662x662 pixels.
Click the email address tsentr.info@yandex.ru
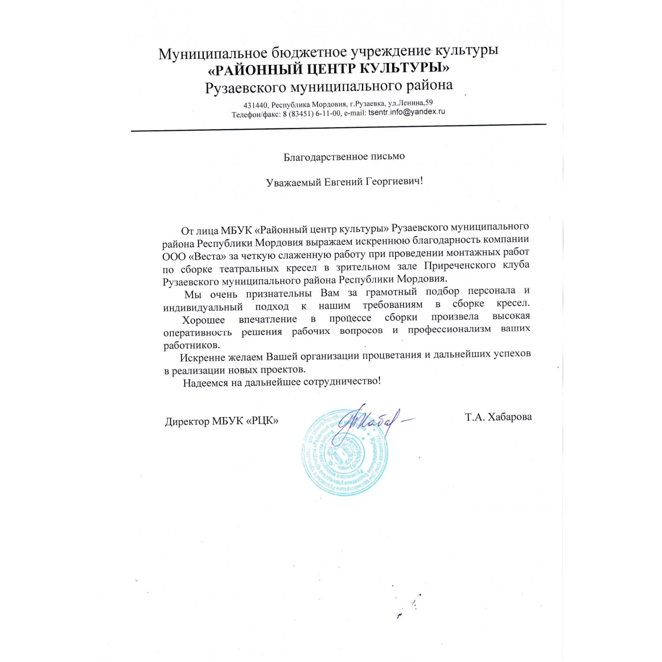click(406, 112)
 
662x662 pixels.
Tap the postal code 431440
click(255, 105)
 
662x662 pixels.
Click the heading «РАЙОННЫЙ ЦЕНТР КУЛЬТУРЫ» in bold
click(329, 69)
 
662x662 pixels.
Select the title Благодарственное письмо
click(344, 157)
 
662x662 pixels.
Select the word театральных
click(249, 268)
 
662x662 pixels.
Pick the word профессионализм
click(449, 329)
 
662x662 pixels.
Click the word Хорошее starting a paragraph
click(203, 320)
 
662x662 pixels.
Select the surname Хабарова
click(510, 417)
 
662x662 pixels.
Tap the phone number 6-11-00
click(328, 113)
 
